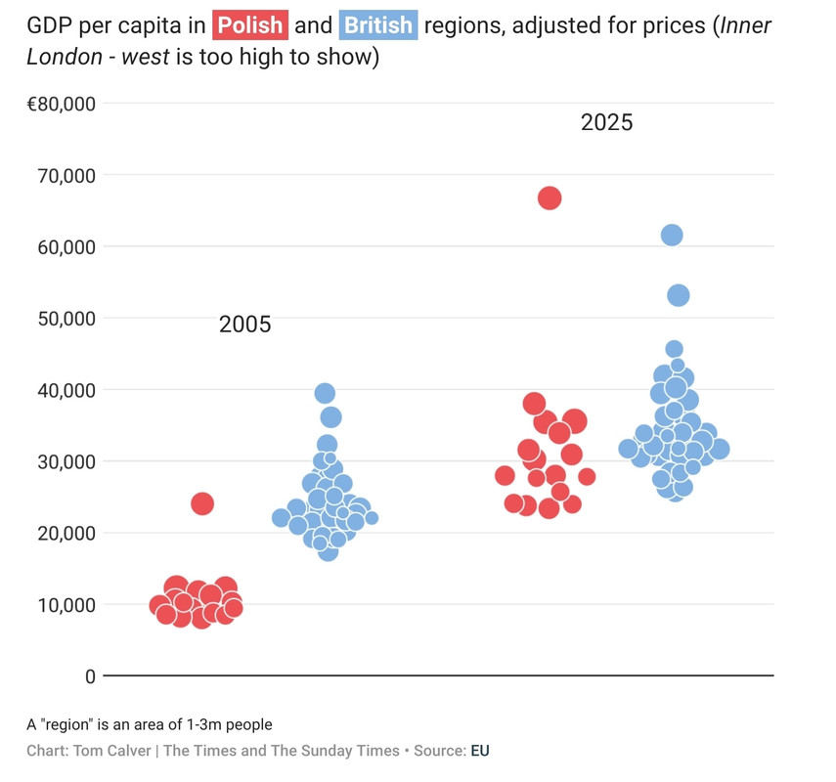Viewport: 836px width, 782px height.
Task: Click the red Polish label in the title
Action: coord(249,25)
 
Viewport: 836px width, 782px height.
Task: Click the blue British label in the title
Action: coord(378,25)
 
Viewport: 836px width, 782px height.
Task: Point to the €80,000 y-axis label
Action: coord(61,104)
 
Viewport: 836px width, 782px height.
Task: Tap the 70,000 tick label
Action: coord(68,176)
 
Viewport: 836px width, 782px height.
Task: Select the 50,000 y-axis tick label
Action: coord(68,319)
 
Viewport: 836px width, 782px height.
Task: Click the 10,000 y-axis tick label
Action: coord(68,605)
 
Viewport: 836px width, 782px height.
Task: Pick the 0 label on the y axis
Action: coord(90,676)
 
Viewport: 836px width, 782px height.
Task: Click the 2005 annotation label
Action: coord(244,326)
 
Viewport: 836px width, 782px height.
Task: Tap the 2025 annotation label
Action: coord(606,123)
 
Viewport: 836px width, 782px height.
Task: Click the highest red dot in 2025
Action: coord(550,198)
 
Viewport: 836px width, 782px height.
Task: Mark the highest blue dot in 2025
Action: coord(672,235)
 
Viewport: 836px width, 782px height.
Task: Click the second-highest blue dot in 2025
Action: coord(678,295)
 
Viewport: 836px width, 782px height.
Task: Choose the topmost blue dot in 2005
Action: coord(325,393)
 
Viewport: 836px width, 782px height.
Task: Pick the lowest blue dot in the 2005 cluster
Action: coord(328,551)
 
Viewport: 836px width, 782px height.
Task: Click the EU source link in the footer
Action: coord(480,751)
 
